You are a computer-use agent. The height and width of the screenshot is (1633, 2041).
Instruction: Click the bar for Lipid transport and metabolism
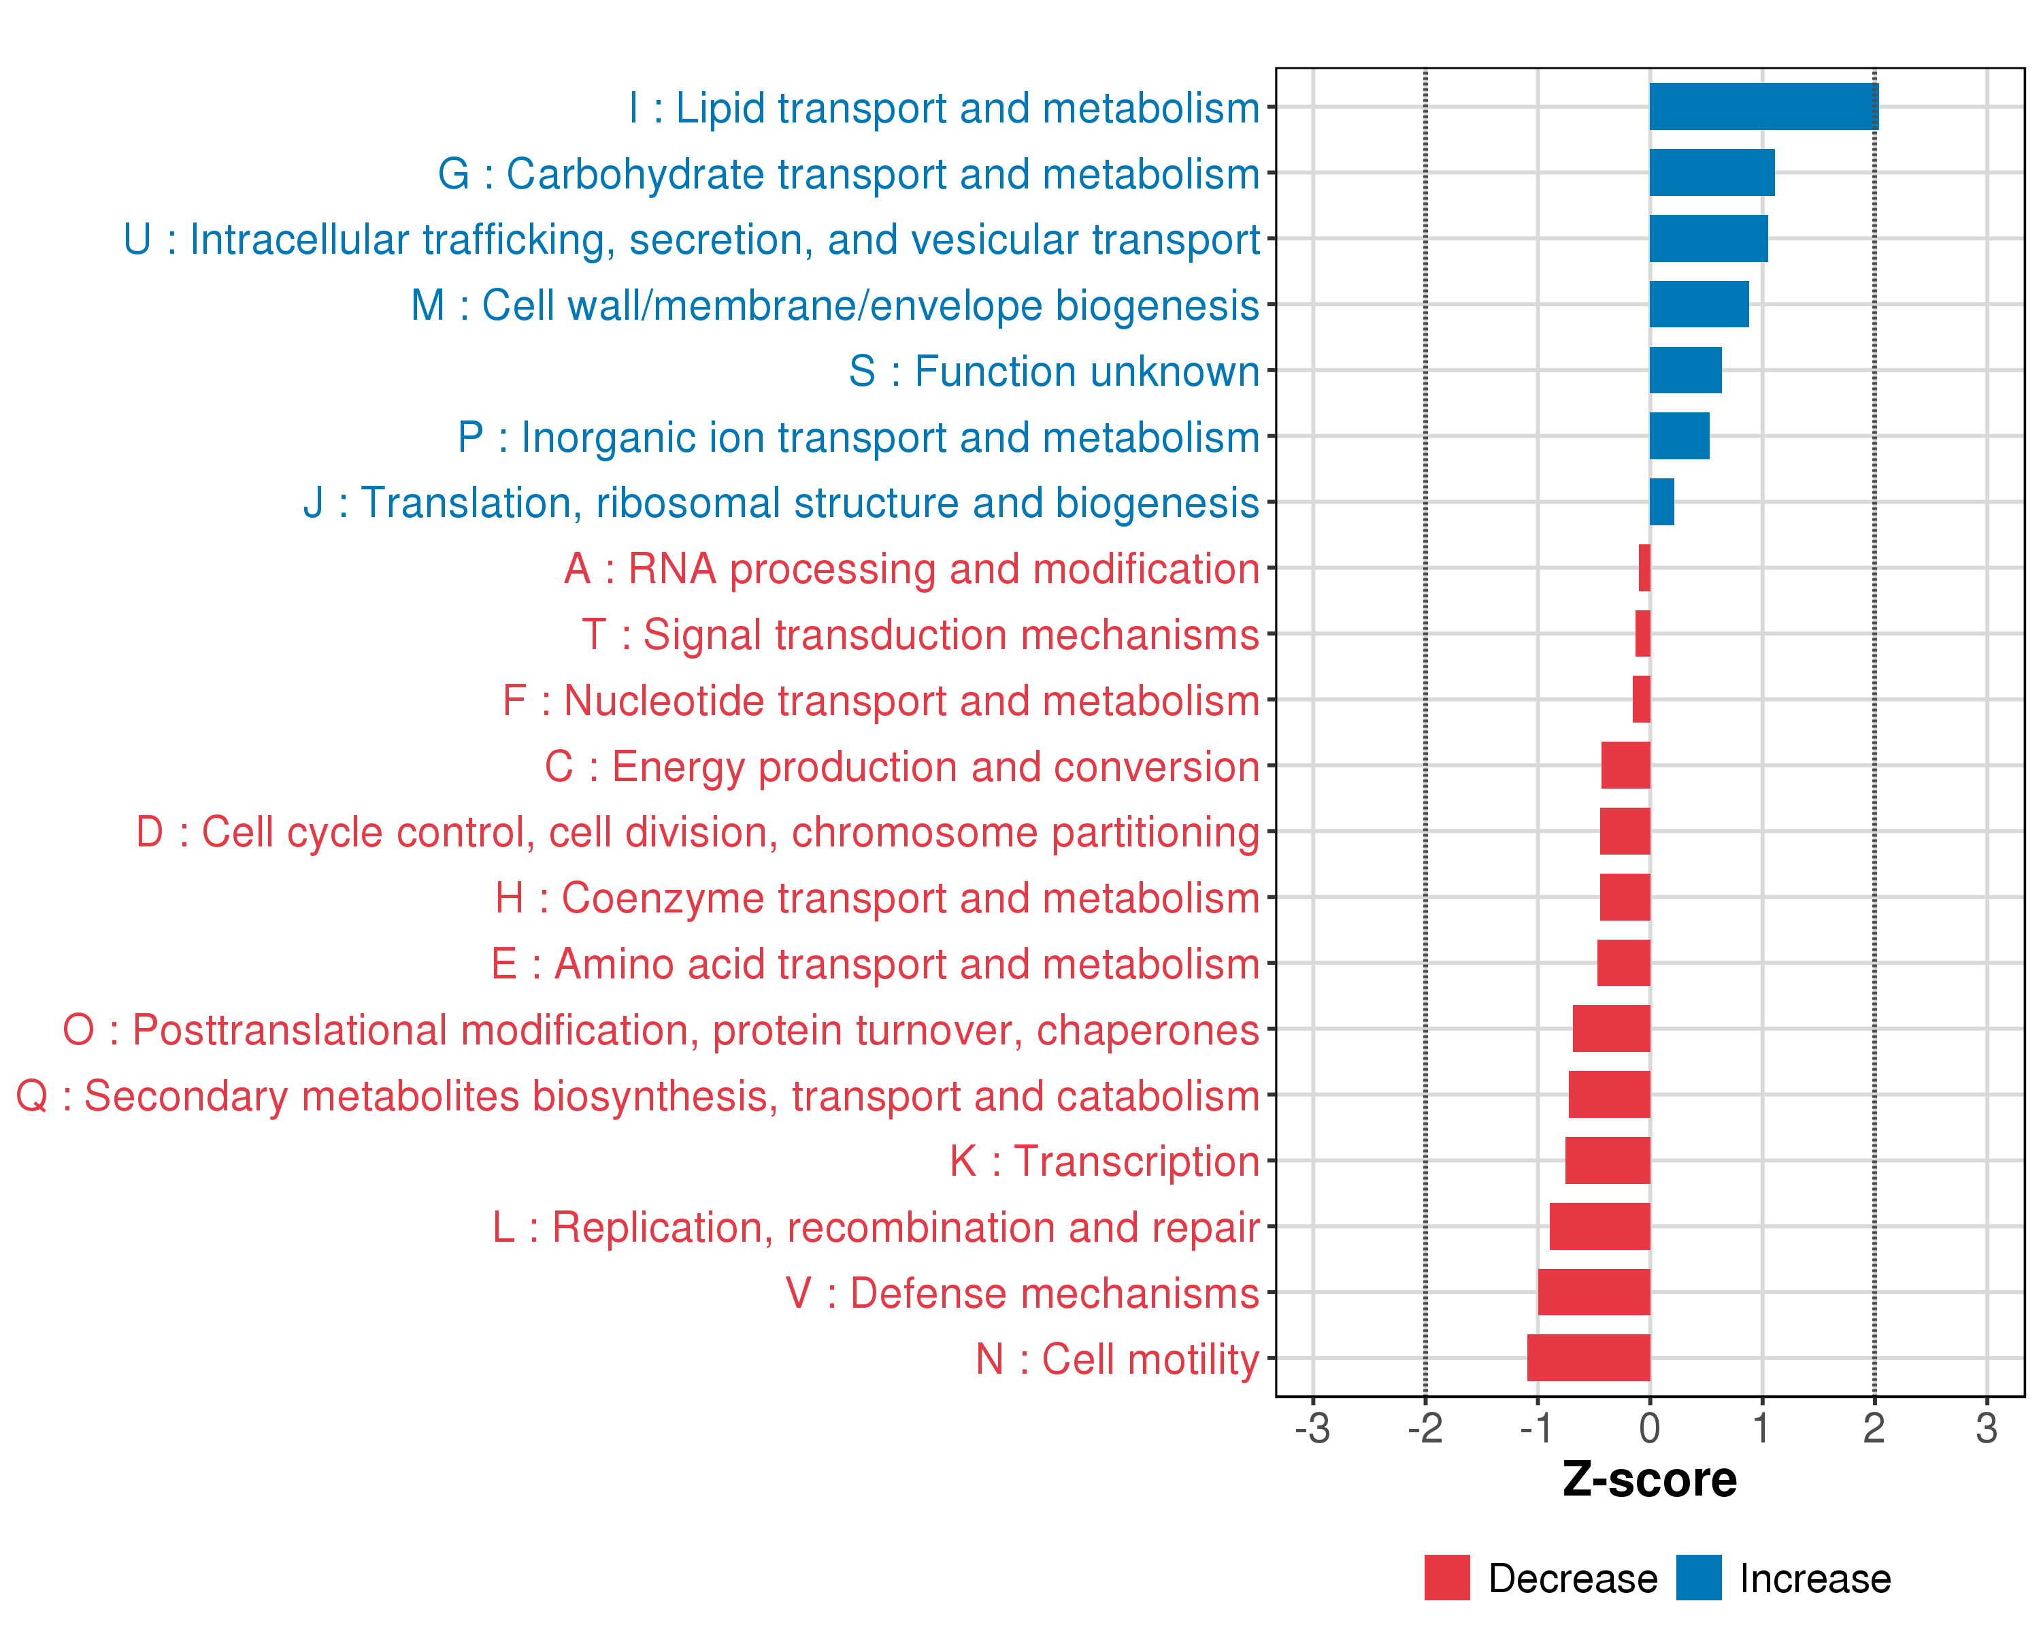click(1763, 107)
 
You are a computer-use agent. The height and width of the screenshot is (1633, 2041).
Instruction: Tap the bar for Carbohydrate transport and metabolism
click(1712, 172)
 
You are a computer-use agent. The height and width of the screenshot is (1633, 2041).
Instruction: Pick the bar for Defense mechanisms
click(1593, 1291)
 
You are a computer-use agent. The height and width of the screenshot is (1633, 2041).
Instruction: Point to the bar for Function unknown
click(1685, 370)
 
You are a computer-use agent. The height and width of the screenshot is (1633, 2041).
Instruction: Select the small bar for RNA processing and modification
click(1644, 568)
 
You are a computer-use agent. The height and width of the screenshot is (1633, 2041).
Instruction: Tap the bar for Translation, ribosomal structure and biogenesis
click(1661, 501)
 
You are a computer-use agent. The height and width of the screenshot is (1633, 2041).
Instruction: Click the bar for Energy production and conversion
click(1625, 765)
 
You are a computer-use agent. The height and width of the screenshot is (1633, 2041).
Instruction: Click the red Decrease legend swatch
click(1446, 1577)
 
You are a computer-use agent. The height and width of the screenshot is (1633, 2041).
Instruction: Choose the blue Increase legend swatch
click(1698, 1577)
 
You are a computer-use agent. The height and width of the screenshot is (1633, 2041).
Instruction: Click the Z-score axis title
click(1649, 1480)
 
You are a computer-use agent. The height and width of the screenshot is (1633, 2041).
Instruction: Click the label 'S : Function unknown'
click(1054, 371)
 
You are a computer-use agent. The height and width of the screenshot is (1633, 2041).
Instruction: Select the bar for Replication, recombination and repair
click(1599, 1226)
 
